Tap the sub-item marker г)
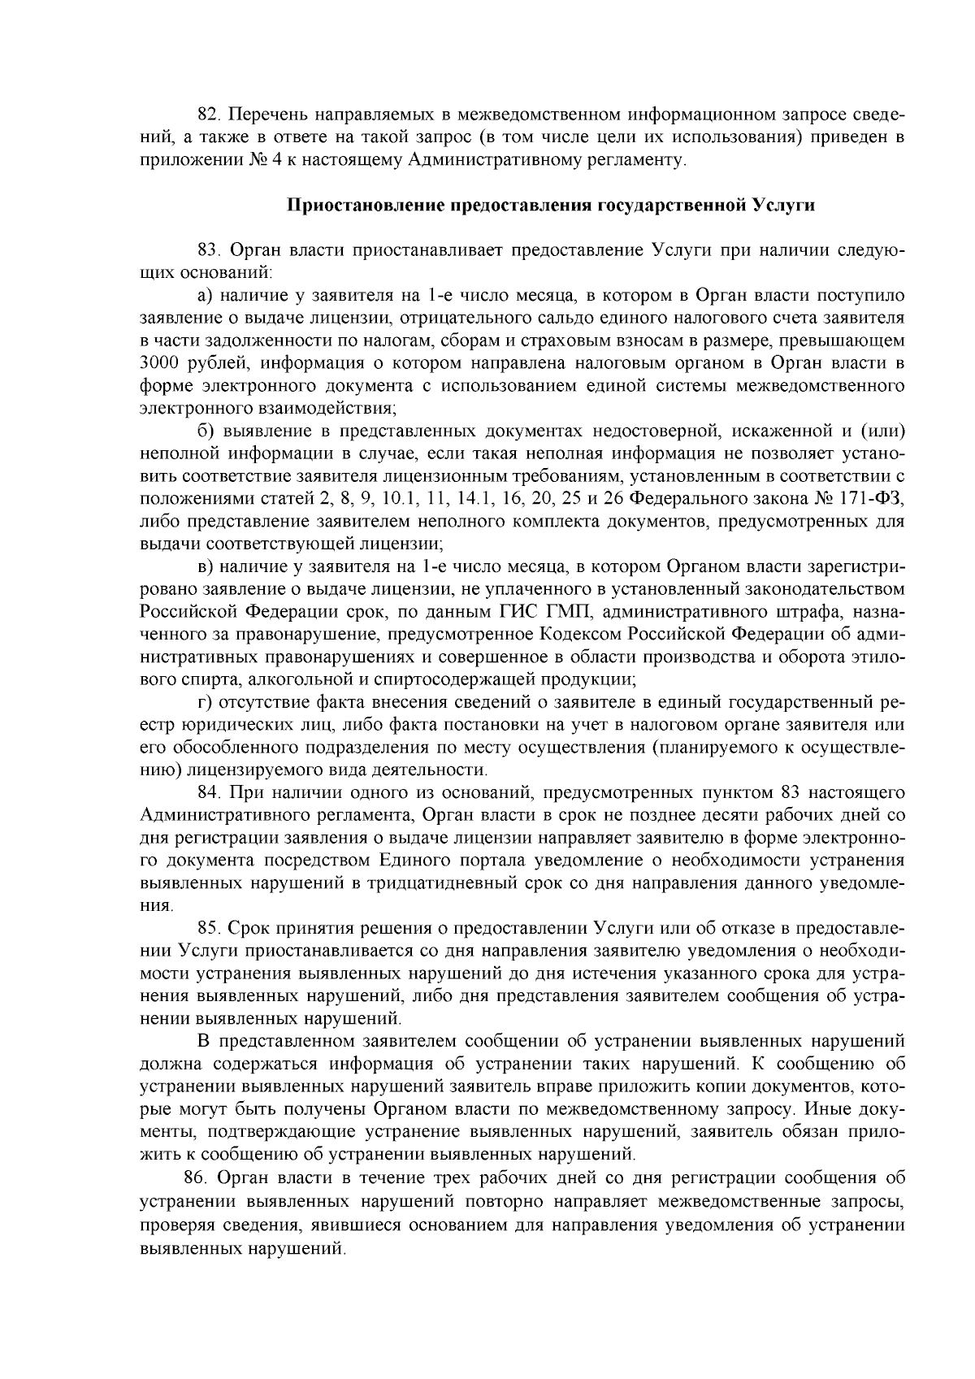coord(204,700)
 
